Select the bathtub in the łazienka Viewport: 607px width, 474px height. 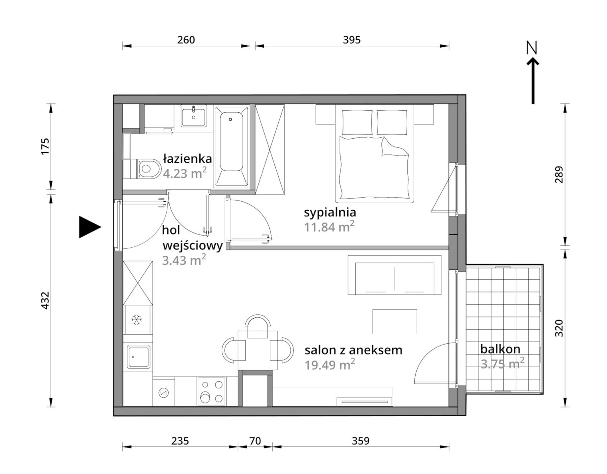click(232, 147)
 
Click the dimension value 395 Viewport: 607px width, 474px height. click(352, 40)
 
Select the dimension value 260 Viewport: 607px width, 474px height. click(186, 40)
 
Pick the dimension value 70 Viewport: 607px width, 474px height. click(255, 441)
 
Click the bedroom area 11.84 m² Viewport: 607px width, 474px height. click(329, 227)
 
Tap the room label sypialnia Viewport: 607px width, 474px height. click(330, 212)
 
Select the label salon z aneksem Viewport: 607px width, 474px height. click(353, 350)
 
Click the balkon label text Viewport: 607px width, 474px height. click(500, 349)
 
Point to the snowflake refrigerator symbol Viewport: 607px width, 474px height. click(137, 320)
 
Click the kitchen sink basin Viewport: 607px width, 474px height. click(139, 357)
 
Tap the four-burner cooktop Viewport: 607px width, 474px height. click(211, 392)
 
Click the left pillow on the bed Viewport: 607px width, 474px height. click(357, 122)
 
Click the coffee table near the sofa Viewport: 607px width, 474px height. click(395, 322)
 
